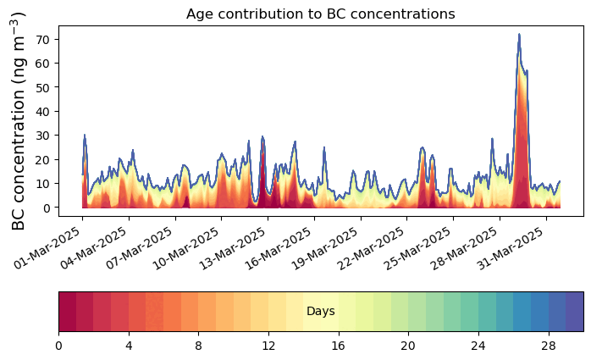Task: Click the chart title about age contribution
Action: coord(321,14)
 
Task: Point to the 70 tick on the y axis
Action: coord(42,39)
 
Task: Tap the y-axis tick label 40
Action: coord(42,111)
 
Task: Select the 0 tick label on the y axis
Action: coord(47,208)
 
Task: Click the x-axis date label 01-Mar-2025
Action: coord(47,248)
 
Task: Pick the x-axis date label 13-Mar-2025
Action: coord(233,249)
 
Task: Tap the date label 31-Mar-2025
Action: coord(511,249)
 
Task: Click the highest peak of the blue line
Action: coord(519,34)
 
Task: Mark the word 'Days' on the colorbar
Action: coord(321,312)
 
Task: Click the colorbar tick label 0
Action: coord(58,346)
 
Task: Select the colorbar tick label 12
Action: coord(268,346)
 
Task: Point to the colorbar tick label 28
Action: coord(549,346)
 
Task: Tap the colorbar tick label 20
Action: coord(408,346)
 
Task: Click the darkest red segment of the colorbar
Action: coord(68,312)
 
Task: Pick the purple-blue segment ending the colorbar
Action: coord(575,312)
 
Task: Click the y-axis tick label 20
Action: coord(42,159)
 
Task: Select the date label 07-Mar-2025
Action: coord(141,249)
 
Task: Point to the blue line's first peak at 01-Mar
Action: coord(85,135)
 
